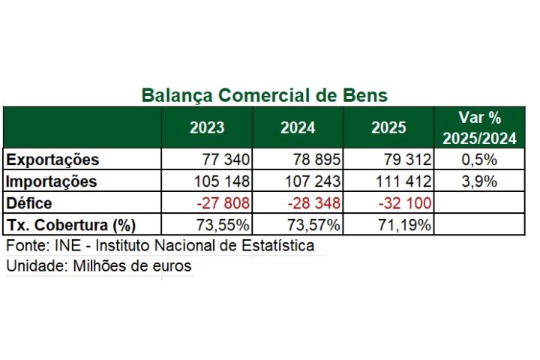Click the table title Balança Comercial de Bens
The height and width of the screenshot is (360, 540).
pyautogui.click(x=264, y=95)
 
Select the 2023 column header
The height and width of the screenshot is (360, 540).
pyautogui.click(x=207, y=127)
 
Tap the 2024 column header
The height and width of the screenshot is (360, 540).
pyautogui.click(x=298, y=127)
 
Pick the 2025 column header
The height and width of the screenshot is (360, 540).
pyautogui.click(x=388, y=127)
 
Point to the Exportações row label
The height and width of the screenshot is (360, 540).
pyautogui.click(x=52, y=160)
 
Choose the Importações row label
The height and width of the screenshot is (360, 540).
pyautogui.click(x=51, y=181)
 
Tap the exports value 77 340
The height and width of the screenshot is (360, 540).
pyautogui.click(x=226, y=160)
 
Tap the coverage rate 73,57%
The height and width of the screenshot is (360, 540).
pyautogui.click(x=312, y=224)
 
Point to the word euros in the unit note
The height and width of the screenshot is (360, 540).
pyautogui.click(x=171, y=266)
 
